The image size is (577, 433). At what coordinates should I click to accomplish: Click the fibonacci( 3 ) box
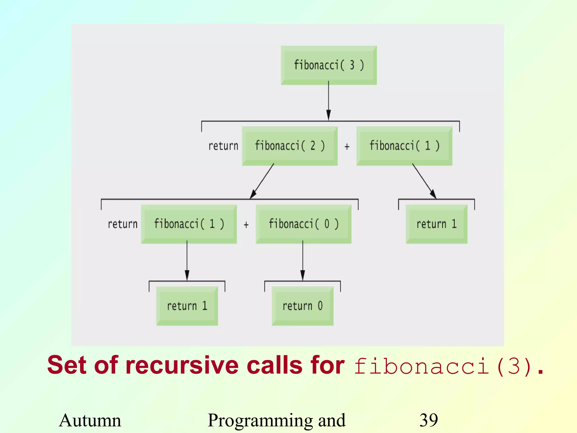[329, 65]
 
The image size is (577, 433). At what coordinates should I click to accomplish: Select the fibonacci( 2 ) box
[290, 146]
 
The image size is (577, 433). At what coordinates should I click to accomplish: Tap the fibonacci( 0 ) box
[303, 224]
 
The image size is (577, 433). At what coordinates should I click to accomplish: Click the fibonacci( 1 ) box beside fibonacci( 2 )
[404, 146]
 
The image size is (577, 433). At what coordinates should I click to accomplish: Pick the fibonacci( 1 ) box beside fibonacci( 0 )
[189, 224]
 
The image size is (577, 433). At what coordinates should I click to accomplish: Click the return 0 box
[303, 306]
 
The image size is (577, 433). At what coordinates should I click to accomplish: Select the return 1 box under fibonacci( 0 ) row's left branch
[187, 306]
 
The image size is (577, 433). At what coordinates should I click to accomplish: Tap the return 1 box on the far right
[436, 224]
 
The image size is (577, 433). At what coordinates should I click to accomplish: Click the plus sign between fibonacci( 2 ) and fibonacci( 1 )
[347, 146]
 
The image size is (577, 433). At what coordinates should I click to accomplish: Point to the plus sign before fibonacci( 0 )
[246, 225]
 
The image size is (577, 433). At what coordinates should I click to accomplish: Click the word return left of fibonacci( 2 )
[223, 146]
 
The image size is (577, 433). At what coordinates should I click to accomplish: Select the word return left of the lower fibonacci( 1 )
[123, 224]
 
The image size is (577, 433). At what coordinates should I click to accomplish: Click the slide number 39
[429, 420]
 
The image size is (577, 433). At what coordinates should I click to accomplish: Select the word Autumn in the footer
[90, 420]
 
